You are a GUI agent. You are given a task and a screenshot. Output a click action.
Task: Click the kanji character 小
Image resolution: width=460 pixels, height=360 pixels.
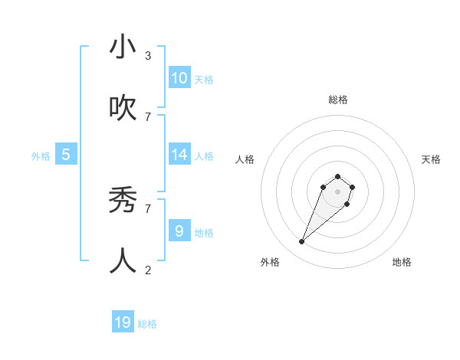[123, 47]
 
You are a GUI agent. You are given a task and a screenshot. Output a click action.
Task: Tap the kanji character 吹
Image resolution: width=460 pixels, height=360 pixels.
[123, 108]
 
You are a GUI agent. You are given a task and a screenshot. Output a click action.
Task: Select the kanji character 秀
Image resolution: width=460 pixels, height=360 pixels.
[123, 200]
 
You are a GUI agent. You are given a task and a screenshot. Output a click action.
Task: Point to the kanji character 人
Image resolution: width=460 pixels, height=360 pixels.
[123, 260]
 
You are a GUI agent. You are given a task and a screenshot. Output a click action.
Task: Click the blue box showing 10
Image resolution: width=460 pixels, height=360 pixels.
[179, 78]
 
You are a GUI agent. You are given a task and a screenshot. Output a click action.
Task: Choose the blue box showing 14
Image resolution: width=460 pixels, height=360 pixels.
[179, 155]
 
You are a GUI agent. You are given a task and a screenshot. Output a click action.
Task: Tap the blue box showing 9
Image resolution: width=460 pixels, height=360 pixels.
[179, 231]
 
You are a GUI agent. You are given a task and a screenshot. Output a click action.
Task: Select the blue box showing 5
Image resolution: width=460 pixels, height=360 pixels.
[66, 155]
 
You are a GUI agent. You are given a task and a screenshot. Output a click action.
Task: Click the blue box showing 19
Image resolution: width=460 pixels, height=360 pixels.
[123, 322]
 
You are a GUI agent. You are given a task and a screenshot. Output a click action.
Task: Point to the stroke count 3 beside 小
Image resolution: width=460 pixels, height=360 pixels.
[148, 56]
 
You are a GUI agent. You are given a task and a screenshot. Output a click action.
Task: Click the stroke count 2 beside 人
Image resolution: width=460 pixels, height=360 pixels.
[148, 270]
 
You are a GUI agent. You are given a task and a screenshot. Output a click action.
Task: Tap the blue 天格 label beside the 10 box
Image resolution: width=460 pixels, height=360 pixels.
[204, 80]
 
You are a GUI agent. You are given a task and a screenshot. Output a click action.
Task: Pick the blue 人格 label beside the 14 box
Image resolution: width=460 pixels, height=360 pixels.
[204, 156]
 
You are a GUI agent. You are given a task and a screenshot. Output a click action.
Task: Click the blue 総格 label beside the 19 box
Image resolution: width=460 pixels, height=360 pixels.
[147, 324]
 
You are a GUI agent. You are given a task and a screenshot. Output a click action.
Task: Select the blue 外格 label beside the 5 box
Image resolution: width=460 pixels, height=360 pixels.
[41, 156]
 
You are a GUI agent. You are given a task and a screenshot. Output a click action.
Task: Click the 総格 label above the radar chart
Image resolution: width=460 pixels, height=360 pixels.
[338, 100]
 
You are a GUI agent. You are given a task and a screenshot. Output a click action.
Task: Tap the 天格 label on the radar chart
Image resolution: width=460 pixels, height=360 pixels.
[431, 159]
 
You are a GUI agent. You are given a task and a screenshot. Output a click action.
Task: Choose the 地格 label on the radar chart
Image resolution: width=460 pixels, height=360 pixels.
[402, 262]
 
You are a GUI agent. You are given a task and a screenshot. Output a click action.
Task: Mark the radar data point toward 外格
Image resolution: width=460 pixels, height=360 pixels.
[302, 242]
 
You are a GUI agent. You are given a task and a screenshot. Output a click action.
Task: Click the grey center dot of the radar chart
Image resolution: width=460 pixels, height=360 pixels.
[338, 191]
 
